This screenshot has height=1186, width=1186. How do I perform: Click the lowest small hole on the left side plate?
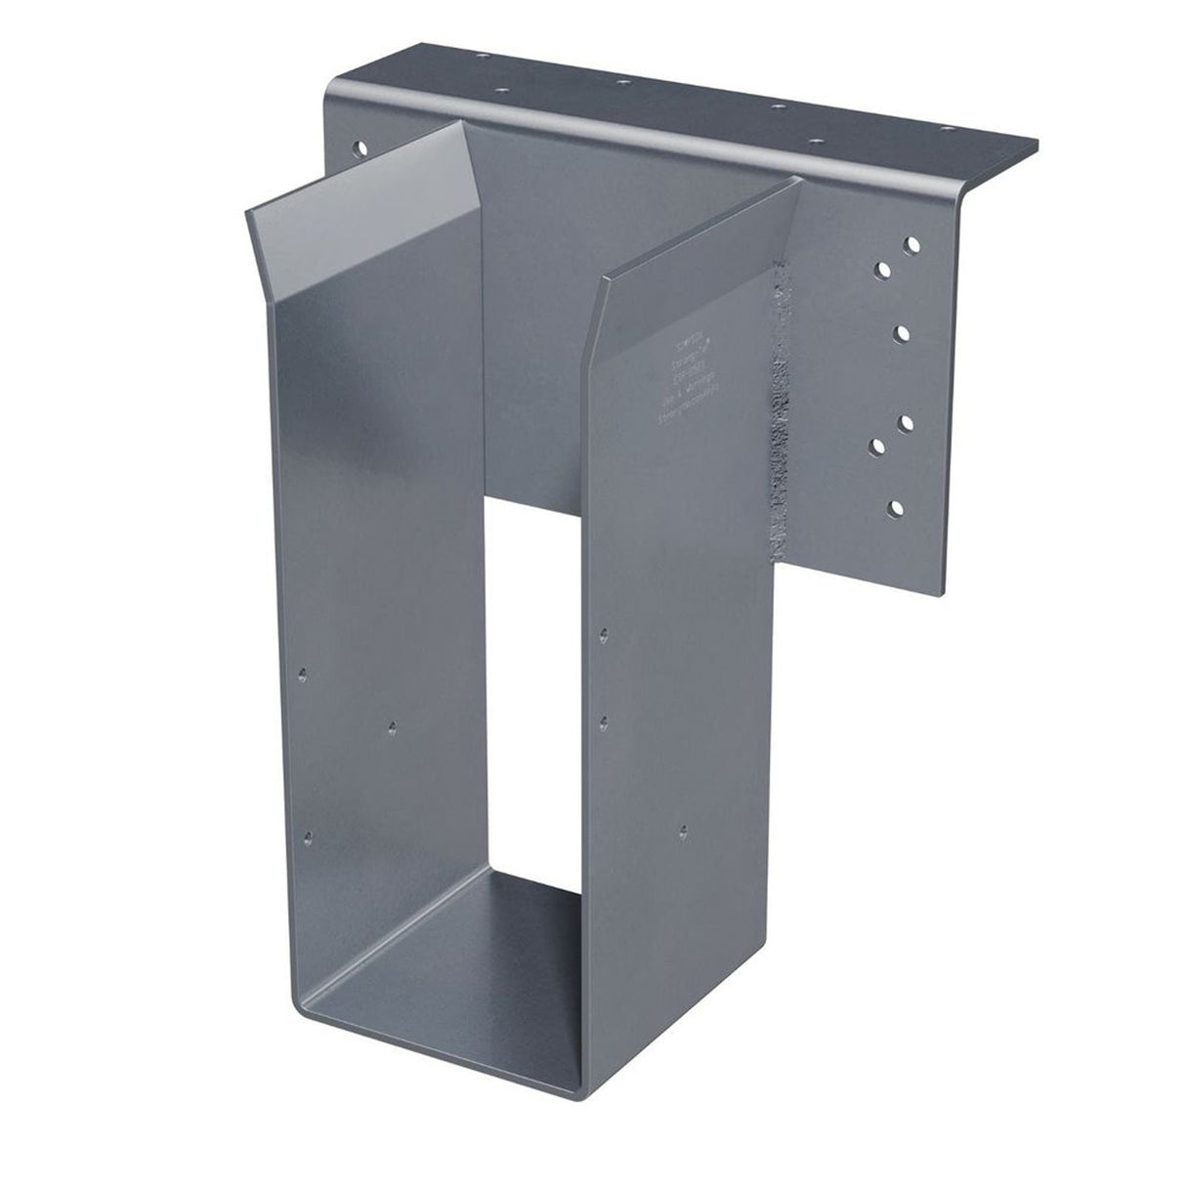pos(309,836)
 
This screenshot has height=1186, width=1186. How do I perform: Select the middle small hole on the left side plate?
pos(392,726)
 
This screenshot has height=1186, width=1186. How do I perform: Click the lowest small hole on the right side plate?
pos(683,829)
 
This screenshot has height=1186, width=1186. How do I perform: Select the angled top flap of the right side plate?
pos(694,234)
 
